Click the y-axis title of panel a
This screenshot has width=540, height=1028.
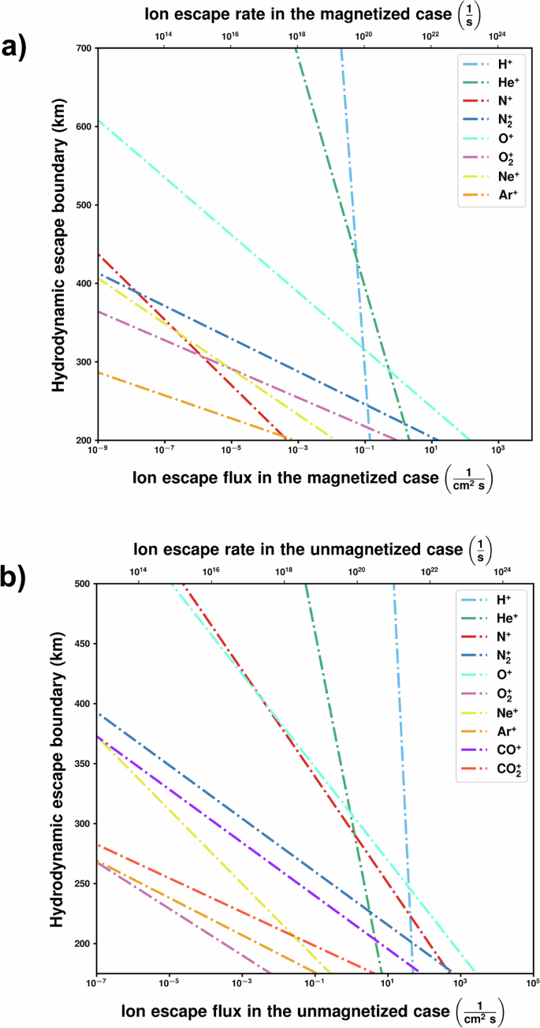(x=59, y=245)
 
